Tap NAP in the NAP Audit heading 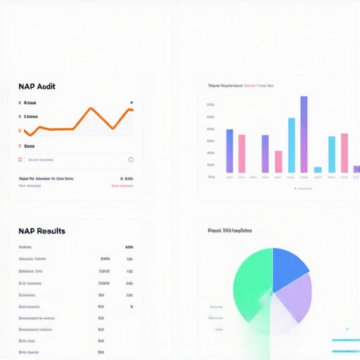tap(27, 86)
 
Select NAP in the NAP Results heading tap(27, 231)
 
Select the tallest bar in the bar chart tap(304, 134)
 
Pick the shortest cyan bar tap(318, 169)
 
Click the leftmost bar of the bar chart tap(229, 150)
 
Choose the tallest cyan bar tap(292, 145)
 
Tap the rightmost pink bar tap(345, 153)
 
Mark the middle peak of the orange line tap(90, 109)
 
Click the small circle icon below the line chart tap(131, 160)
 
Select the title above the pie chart tap(230, 230)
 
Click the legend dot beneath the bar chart tap(295, 188)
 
